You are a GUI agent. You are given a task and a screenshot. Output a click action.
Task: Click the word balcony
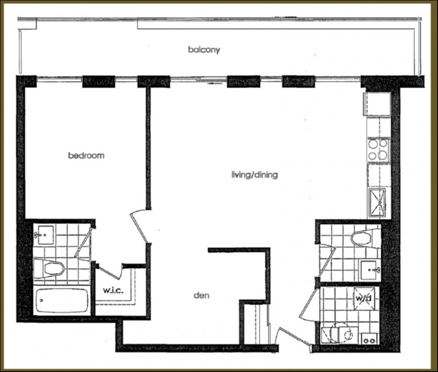[x=204, y=50]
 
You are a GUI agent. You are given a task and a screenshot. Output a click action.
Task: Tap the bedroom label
[x=86, y=155]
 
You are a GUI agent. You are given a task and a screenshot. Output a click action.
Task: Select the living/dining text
[x=255, y=175]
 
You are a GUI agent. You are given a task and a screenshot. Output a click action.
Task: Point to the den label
[x=201, y=295]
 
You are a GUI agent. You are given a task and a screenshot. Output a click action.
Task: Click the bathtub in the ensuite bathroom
[x=61, y=300]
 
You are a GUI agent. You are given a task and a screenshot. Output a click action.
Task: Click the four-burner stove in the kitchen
[x=378, y=149]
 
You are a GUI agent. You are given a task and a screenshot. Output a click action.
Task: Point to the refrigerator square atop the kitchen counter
[x=377, y=104]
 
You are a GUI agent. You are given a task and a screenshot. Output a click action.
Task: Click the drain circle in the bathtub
[x=41, y=300]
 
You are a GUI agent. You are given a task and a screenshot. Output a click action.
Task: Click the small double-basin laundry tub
[x=368, y=341]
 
